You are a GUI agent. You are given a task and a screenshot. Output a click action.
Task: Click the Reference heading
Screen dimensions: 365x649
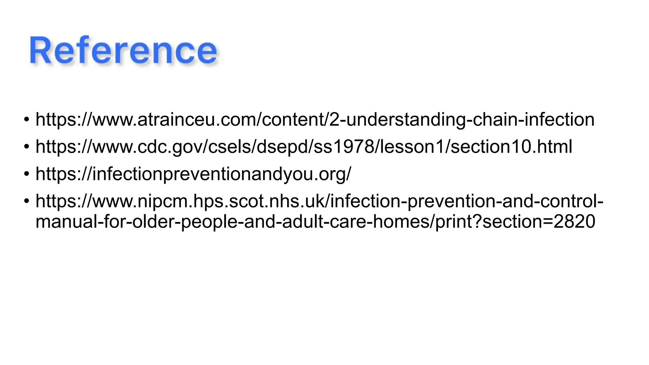click(123, 51)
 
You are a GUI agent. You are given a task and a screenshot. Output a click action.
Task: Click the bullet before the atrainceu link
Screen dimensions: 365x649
click(27, 120)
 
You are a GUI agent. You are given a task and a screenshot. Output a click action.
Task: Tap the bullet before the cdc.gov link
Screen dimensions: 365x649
click(27, 147)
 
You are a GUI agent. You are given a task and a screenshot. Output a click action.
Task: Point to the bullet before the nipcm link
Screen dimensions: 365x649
click(27, 202)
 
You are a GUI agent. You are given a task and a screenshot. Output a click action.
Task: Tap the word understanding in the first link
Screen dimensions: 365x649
click(404, 119)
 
